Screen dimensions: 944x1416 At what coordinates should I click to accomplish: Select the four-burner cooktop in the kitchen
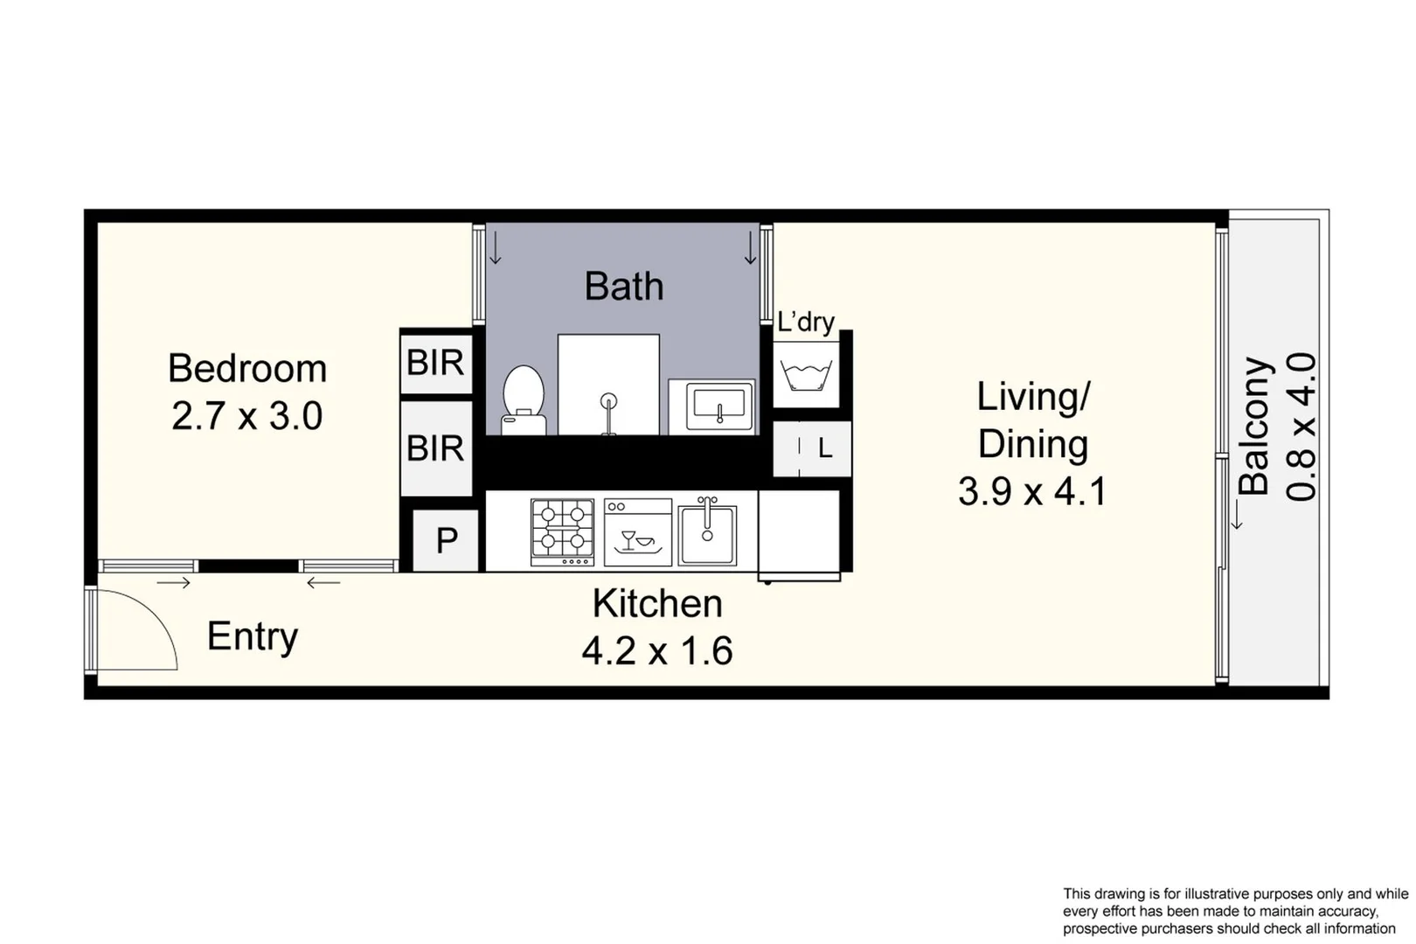tap(562, 530)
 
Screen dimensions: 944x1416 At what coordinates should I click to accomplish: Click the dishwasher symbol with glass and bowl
tap(637, 532)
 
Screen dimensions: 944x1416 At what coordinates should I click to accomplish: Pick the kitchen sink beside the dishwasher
tap(707, 531)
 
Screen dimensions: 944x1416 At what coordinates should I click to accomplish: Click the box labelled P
tap(446, 541)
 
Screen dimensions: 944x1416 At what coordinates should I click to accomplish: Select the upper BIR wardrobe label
tap(435, 362)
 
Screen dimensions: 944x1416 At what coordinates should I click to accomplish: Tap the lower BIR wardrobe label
tap(435, 448)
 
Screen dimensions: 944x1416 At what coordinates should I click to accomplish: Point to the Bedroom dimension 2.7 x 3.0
tap(247, 416)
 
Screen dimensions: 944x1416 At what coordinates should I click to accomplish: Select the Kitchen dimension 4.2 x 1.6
tap(657, 651)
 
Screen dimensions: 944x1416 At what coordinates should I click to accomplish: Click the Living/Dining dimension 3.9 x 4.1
tap(1032, 491)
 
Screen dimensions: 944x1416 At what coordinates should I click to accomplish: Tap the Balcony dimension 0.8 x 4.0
tap(1301, 427)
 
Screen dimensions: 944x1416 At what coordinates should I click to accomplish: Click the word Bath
tap(624, 287)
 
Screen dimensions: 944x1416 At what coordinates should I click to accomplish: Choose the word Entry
tap(253, 636)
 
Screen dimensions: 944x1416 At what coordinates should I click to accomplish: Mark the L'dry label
tap(806, 323)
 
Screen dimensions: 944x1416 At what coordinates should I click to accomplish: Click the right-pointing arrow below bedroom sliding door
tap(174, 583)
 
